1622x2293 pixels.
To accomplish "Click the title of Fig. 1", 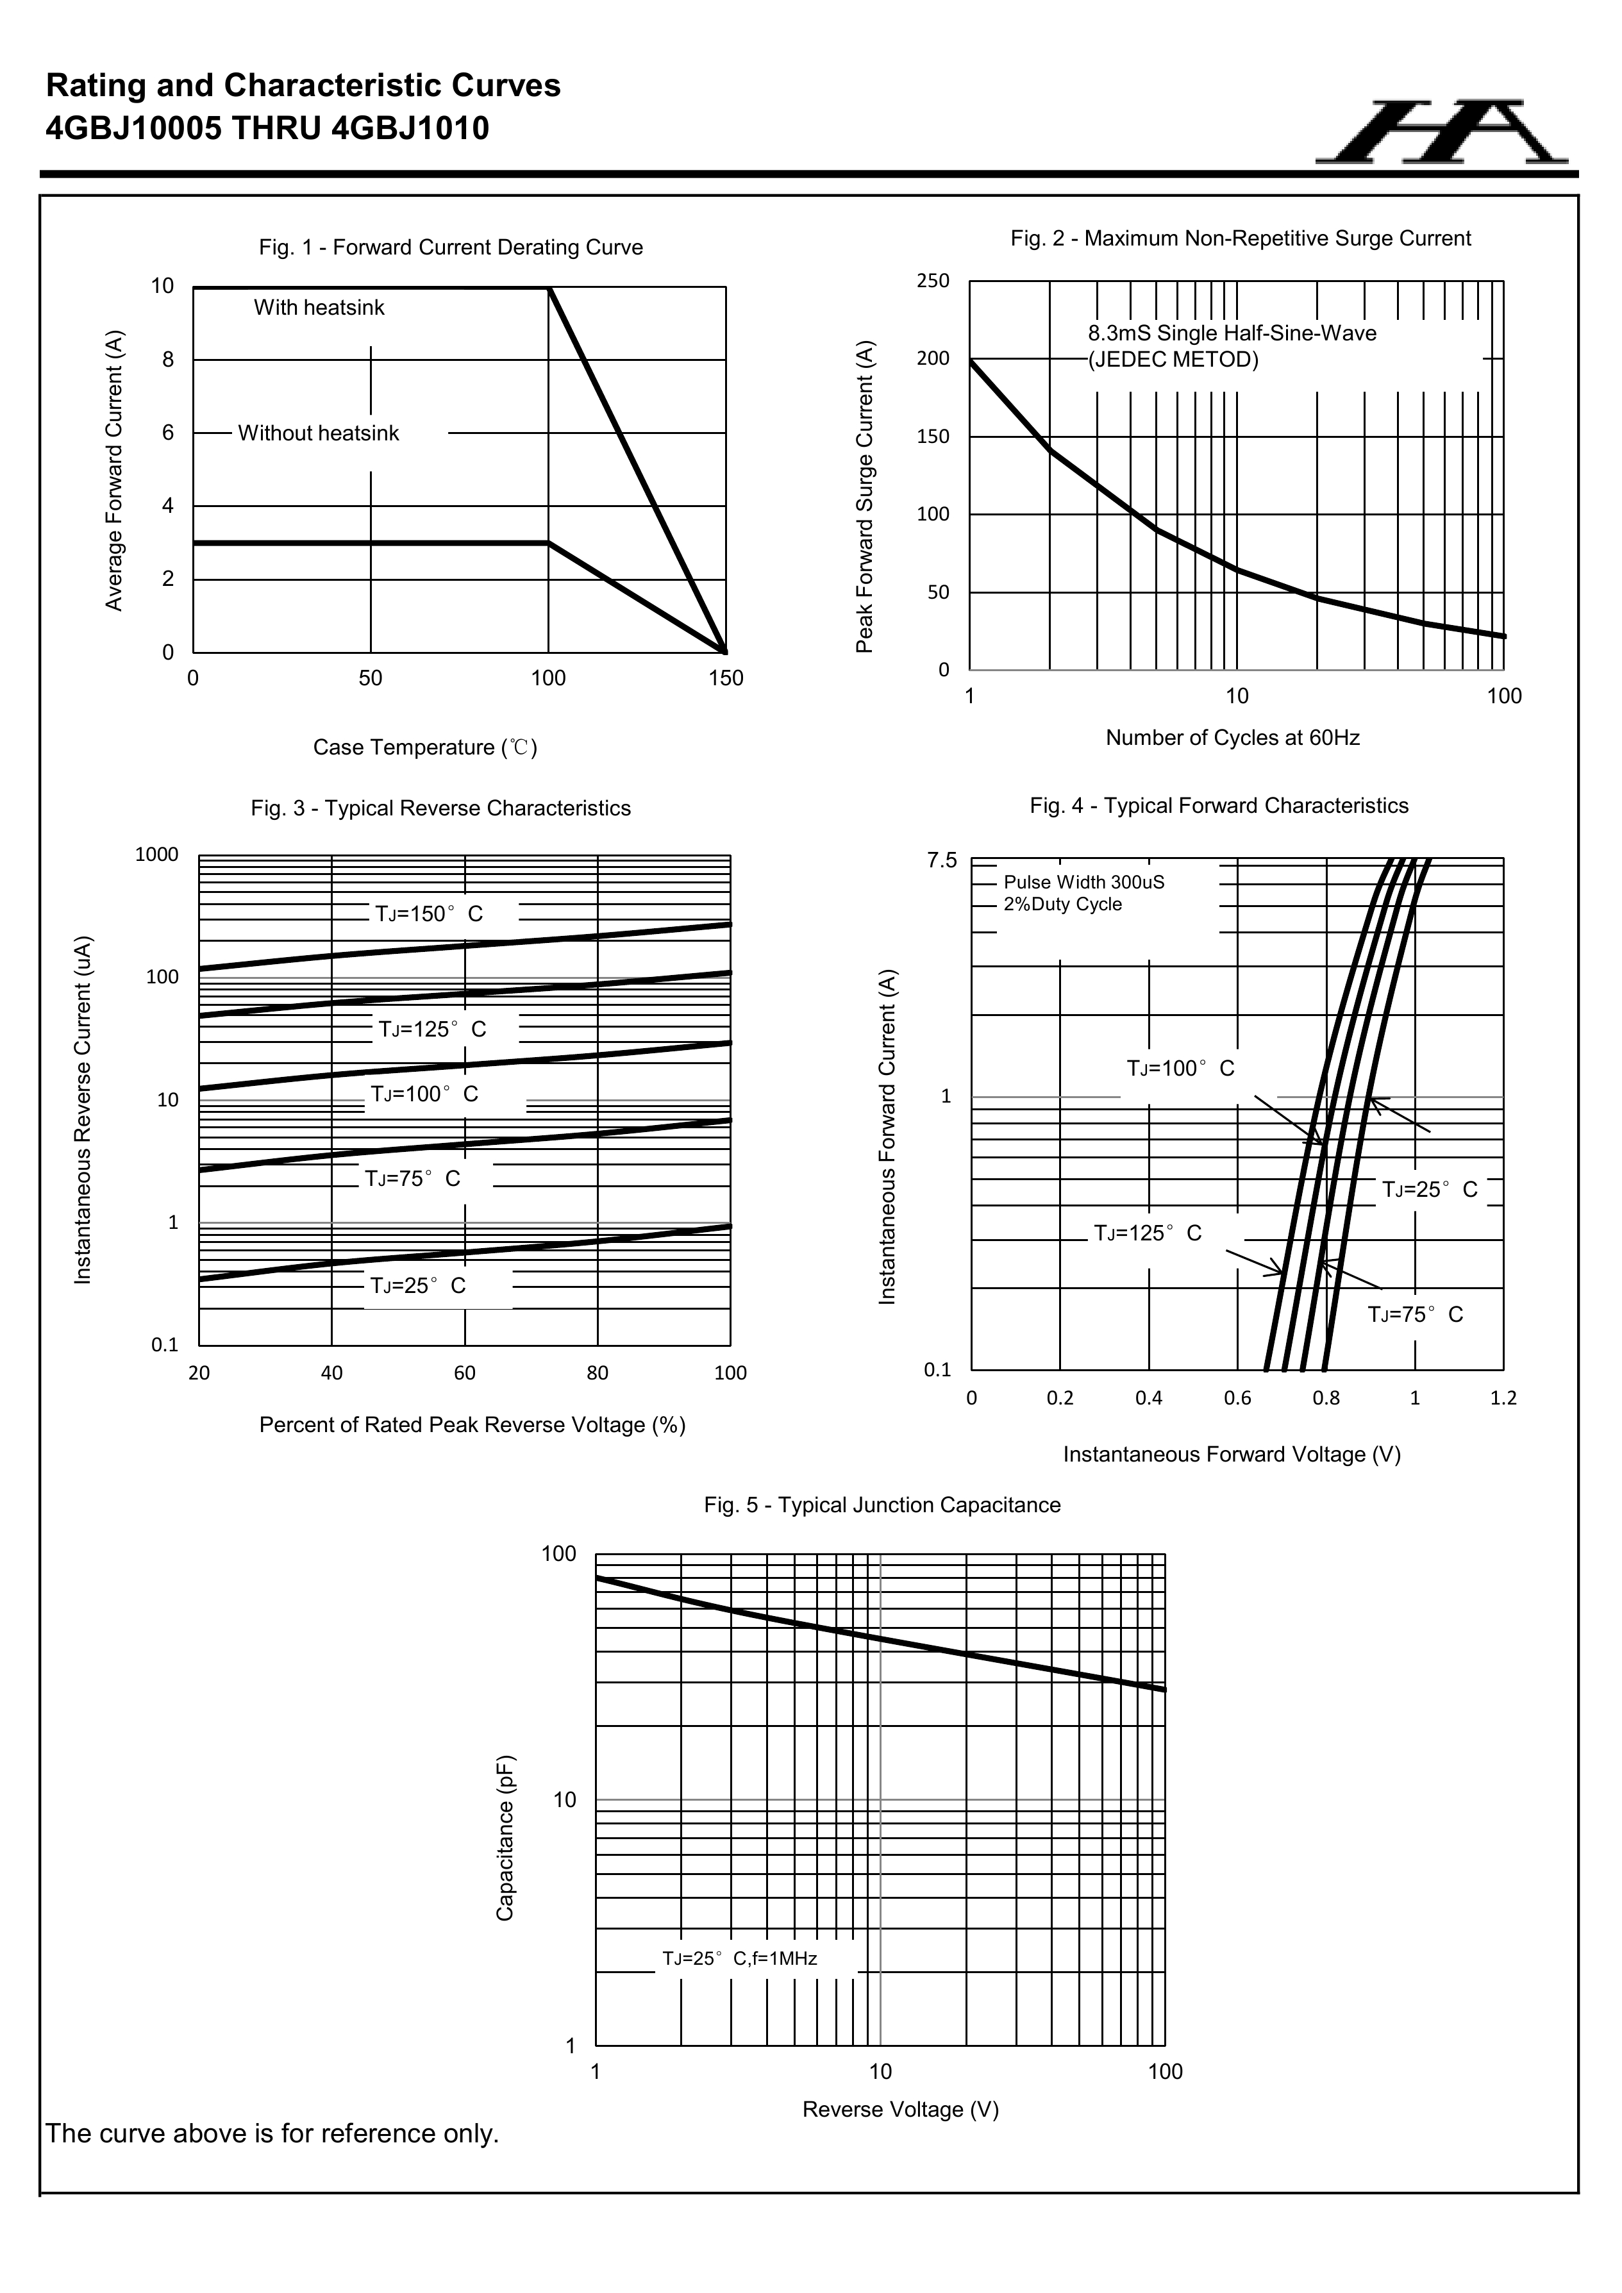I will pyautogui.click(x=451, y=247).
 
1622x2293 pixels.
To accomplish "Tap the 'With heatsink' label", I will pyautogui.click(x=319, y=308).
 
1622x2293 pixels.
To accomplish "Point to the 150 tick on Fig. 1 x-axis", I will pyautogui.click(x=726, y=679).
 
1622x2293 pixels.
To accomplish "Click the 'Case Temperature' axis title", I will pyautogui.click(x=424, y=748).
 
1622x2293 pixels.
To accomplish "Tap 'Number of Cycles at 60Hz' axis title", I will pyautogui.click(x=1232, y=738).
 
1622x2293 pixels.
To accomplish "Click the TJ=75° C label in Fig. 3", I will pyautogui.click(x=412, y=1180).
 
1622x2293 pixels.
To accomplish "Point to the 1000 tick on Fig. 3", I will pyautogui.click(x=157, y=855).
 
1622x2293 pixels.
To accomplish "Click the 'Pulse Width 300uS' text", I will pyautogui.click(x=1083, y=883).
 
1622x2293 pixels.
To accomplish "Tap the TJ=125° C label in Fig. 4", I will pyautogui.click(x=1148, y=1233).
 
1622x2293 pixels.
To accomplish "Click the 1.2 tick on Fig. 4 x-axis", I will pyautogui.click(x=1503, y=1398).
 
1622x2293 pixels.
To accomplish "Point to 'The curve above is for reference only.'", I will pyautogui.click(x=272, y=2134).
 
